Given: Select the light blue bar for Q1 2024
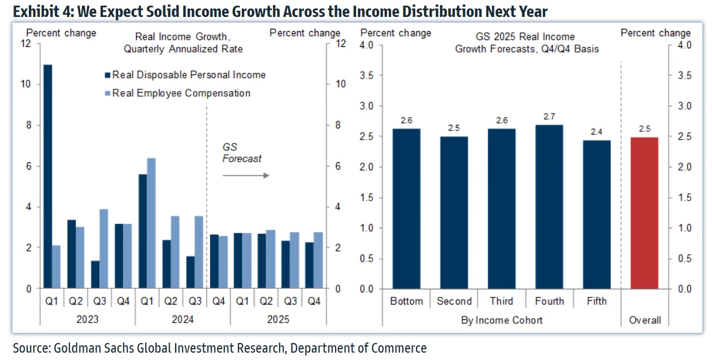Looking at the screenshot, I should (x=151, y=223).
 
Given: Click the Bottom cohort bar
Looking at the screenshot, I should (x=407, y=209).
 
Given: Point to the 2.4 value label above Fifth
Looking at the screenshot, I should (x=597, y=132).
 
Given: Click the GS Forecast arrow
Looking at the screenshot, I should (x=245, y=175).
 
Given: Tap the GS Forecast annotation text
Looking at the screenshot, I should (x=242, y=153).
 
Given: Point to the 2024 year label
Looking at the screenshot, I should (x=183, y=319).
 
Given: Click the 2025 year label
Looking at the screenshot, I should (x=277, y=319).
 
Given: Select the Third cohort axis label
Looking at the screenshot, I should (x=502, y=301).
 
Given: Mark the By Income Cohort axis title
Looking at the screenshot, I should (x=502, y=320).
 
